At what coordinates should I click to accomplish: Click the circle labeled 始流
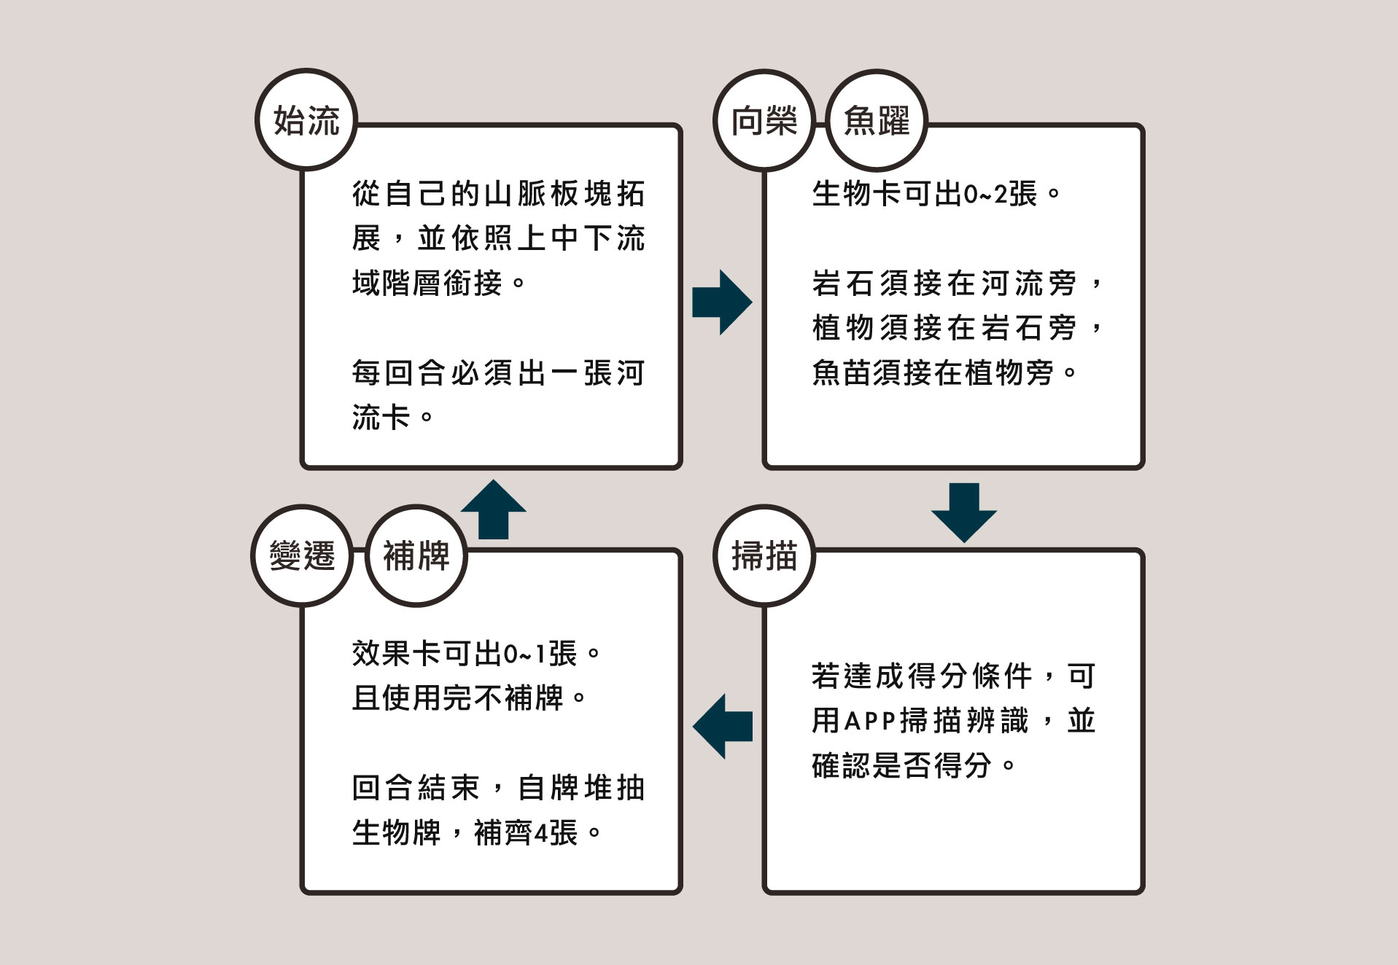(x=306, y=120)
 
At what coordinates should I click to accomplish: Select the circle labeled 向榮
(x=764, y=120)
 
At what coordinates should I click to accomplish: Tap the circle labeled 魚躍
(x=877, y=120)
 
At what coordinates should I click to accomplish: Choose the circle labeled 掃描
(x=764, y=555)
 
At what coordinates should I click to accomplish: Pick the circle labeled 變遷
(x=302, y=555)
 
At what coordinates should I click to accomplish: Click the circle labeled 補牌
(x=416, y=555)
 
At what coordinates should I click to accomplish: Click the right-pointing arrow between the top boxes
(x=721, y=302)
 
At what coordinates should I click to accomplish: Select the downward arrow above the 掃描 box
(x=963, y=512)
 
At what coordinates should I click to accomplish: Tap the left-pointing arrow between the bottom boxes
(x=722, y=726)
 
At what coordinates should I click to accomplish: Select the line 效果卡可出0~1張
(x=475, y=654)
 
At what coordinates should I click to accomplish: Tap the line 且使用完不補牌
(x=469, y=698)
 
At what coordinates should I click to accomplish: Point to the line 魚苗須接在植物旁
(x=944, y=373)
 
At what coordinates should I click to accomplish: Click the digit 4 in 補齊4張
(x=540, y=833)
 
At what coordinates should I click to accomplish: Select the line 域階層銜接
(x=438, y=283)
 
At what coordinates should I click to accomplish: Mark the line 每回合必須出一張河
(x=498, y=373)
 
